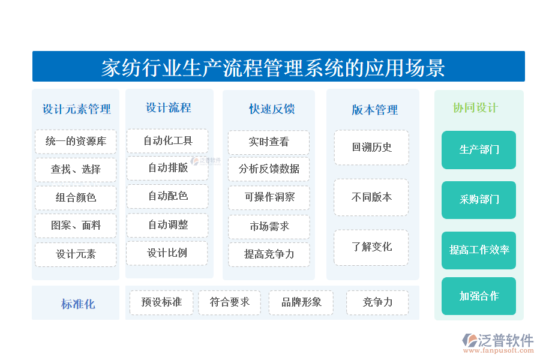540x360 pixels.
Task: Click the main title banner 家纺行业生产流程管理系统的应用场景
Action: click(x=278, y=67)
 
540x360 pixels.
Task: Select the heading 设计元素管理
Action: click(x=76, y=109)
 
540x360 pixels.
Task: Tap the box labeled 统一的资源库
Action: click(x=76, y=142)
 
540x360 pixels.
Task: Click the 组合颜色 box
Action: click(x=76, y=197)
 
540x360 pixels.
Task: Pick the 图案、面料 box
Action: click(x=76, y=226)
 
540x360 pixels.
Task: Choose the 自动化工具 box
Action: click(x=167, y=141)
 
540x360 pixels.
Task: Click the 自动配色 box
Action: click(x=167, y=196)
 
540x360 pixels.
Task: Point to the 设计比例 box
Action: click(x=167, y=253)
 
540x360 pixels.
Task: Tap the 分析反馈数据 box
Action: click(x=269, y=169)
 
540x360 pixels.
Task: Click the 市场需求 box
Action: click(x=269, y=226)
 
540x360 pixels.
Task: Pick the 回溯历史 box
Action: click(x=371, y=147)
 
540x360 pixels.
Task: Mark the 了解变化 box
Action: click(x=371, y=247)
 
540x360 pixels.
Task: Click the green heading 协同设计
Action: click(x=475, y=108)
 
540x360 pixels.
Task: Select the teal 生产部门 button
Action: click(x=479, y=149)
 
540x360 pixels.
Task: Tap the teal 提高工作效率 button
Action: click(x=479, y=250)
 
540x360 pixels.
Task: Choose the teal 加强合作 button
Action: click(x=479, y=296)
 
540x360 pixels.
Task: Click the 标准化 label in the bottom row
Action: click(x=77, y=304)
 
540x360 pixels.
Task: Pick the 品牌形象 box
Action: click(x=301, y=302)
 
